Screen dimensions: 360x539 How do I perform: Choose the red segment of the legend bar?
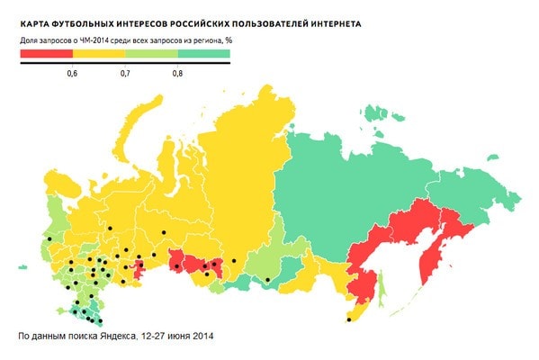(45, 54)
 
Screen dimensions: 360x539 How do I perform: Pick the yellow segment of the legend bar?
(97, 54)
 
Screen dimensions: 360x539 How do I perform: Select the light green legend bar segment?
(149, 54)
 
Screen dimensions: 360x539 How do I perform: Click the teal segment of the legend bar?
(202, 54)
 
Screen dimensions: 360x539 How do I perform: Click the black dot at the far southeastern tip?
(348, 319)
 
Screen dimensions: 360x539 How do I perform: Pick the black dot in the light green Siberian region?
(267, 281)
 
